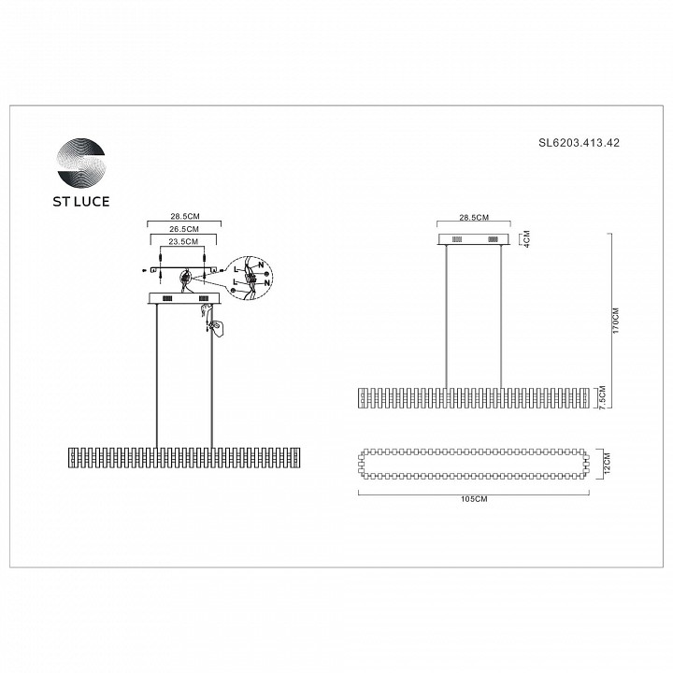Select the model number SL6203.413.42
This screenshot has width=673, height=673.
[x=580, y=144]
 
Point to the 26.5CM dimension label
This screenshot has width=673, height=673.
[x=184, y=228]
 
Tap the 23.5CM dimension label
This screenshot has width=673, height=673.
[x=184, y=242]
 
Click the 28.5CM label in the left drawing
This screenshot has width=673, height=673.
[x=184, y=215]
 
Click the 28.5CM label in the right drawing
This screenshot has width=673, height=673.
[x=475, y=217]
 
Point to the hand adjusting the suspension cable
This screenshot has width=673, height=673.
[x=215, y=326]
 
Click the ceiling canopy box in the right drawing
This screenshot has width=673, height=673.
[x=475, y=241]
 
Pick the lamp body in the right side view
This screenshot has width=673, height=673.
[x=475, y=397]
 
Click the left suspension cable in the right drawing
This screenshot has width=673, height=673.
[x=447, y=318]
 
